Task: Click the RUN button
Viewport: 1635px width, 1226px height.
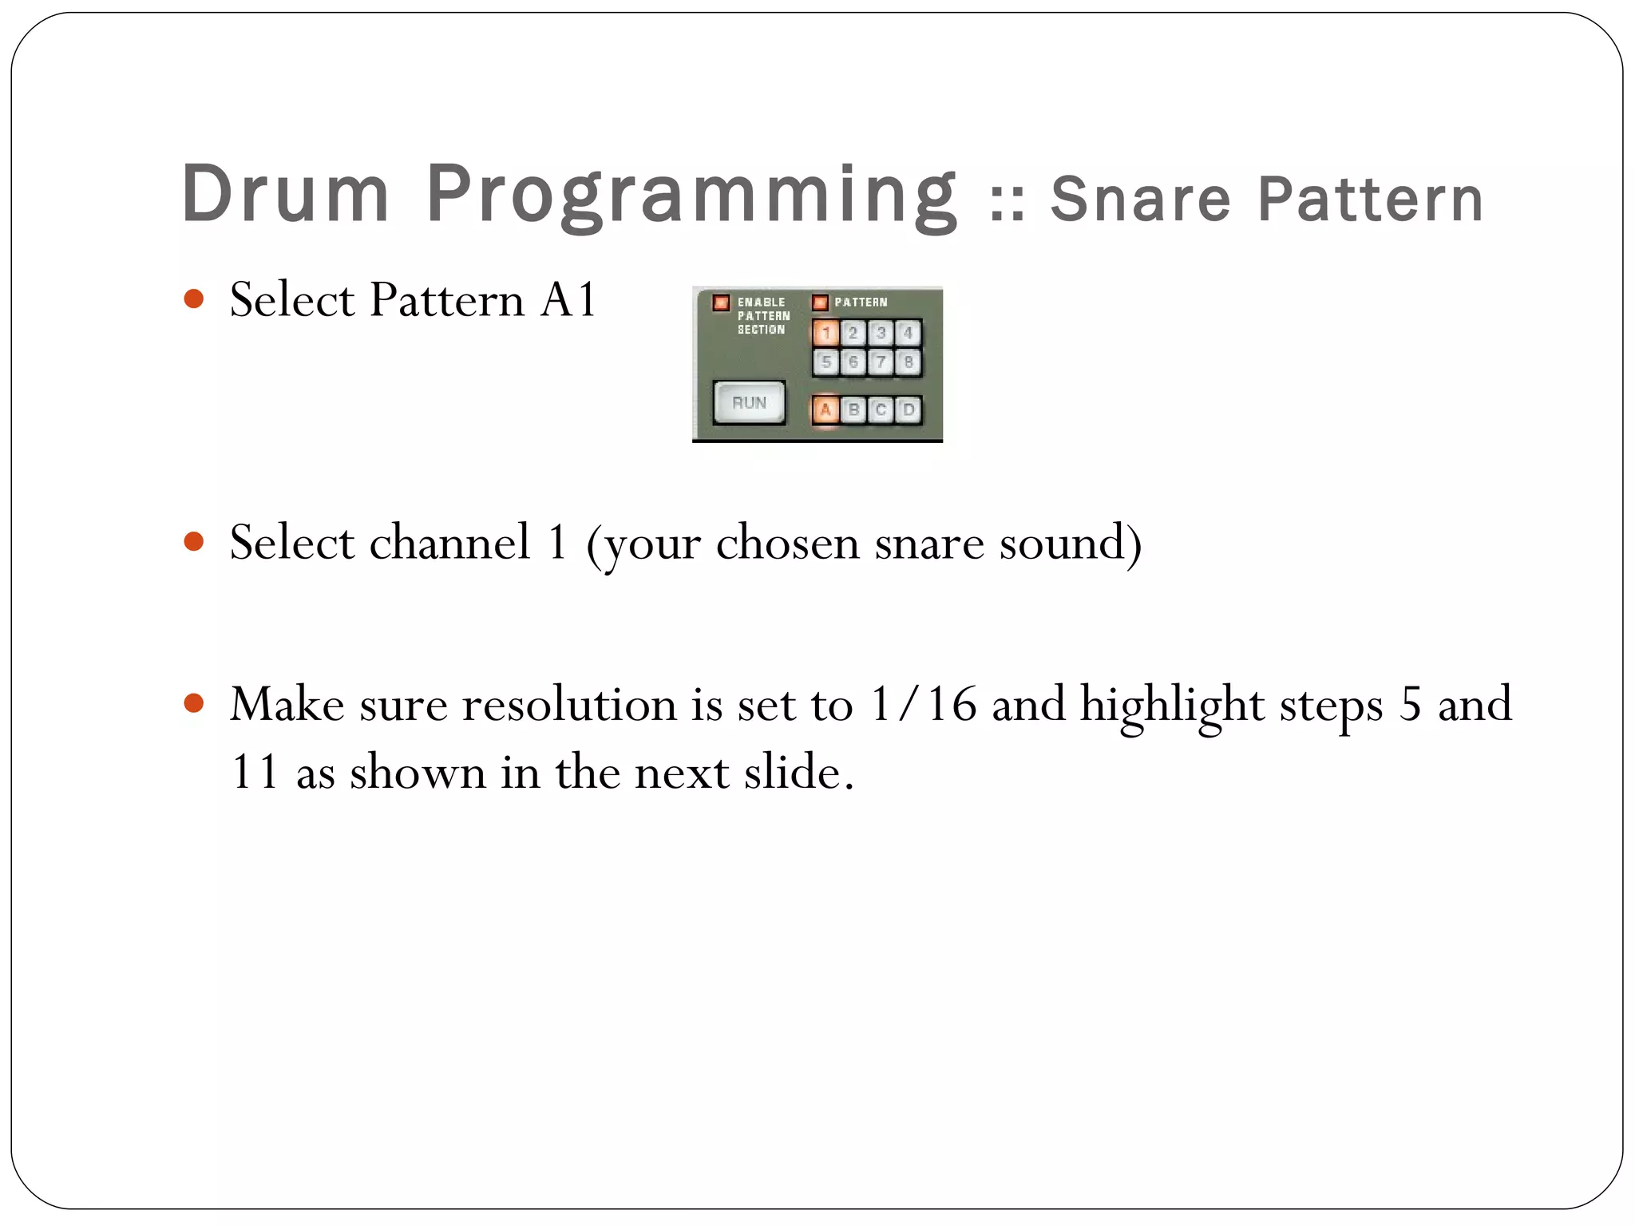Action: (x=748, y=403)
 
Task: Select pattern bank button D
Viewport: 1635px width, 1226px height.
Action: (x=909, y=409)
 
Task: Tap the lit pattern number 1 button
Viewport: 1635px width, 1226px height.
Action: (x=825, y=333)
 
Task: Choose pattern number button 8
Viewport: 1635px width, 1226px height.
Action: (x=909, y=362)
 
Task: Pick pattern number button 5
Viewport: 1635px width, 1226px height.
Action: (x=825, y=362)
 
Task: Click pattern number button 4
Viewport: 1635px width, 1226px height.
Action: (x=909, y=333)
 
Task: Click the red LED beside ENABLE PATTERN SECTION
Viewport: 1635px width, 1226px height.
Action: (x=721, y=303)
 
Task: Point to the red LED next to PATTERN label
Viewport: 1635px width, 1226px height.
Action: (x=820, y=303)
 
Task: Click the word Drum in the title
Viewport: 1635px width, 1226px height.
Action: (x=285, y=193)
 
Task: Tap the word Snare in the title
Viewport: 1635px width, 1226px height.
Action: (x=1141, y=200)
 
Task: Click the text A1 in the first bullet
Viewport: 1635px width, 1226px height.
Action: (x=568, y=300)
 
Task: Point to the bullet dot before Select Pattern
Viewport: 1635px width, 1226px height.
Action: (x=193, y=299)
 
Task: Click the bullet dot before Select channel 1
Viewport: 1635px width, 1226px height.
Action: (x=193, y=542)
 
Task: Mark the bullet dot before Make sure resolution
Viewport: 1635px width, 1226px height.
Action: (x=193, y=704)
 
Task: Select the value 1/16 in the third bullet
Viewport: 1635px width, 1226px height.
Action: (x=923, y=705)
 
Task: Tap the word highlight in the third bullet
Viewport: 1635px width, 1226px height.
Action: (x=1171, y=705)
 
